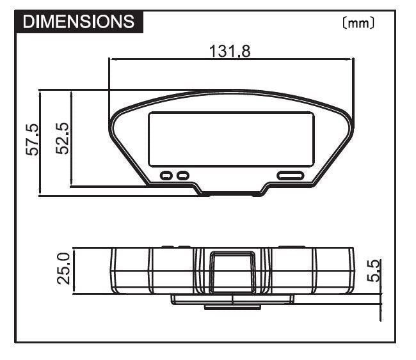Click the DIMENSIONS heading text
[x=79, y=22]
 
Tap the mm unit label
[x=358, y=23]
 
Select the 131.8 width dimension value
[x=230, y=51]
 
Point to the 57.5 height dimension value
[x=32, y=139]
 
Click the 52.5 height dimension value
[x=62, y=138]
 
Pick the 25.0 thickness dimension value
[x=63, y=269]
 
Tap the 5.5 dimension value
[x=373, y=270]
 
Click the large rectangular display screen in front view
[x=232, y=139]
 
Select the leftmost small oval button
[x=166, y=175]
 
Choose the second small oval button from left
[x=183, y=175]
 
